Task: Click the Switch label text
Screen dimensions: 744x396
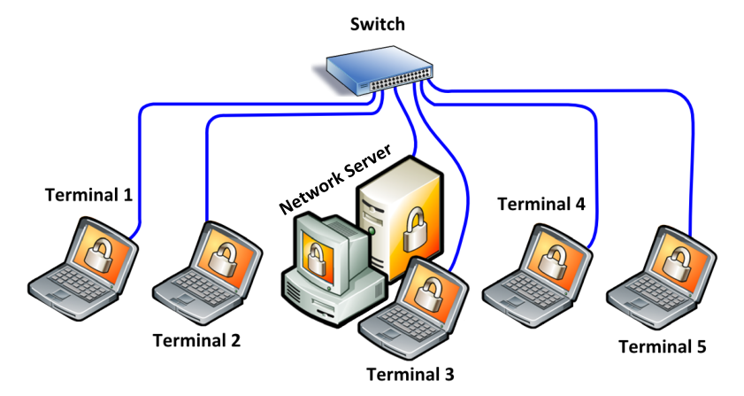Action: [378, 24]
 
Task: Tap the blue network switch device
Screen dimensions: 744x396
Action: [380, 70]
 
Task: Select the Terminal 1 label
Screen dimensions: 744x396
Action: [88, 195]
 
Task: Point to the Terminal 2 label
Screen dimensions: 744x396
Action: [196, 340]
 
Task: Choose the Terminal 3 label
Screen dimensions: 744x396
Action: [410, 374]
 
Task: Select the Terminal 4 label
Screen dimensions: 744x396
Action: [541, 204]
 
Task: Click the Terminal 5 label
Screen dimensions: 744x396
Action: [663, 346]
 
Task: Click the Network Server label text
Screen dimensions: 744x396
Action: [336, 179]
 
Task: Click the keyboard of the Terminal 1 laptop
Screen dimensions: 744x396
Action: [76, 282]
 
